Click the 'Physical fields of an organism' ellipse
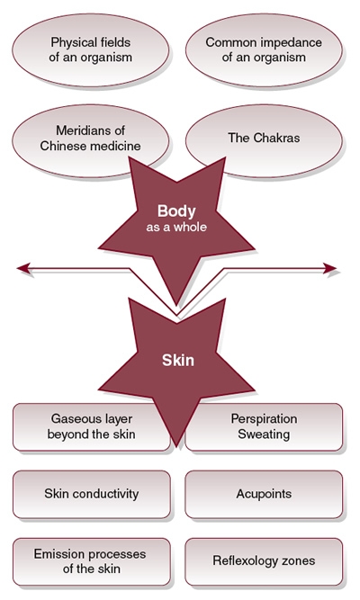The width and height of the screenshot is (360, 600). (x=90, y=49)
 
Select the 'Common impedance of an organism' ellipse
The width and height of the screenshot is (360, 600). (x=264, y=49)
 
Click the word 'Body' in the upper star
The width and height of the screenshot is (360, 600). (x=176, y=210)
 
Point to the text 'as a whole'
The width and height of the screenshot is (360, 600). (x=176, y=227)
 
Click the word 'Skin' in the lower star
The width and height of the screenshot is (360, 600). (x=177, y=360)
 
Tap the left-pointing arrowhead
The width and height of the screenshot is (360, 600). (x=23, y=268)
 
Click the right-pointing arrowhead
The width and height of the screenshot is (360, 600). (x=329, y=268)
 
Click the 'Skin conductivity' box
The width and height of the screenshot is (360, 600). (x=92, y=494)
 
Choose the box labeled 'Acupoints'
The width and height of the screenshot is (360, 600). (x=264, y=494)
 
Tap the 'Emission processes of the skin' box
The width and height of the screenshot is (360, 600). (x=92, y=561)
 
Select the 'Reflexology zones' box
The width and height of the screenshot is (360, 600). (x=264, y=561)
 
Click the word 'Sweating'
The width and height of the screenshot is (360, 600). (x=264, y=434)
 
